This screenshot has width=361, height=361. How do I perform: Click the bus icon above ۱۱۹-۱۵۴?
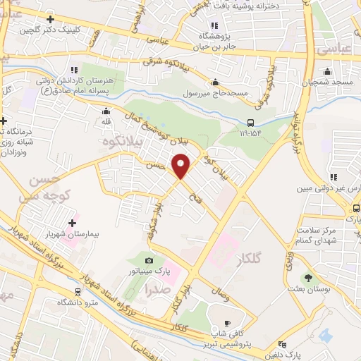242,121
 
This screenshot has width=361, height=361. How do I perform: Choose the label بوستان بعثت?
306,290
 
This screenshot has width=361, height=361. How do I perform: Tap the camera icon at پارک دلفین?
283,345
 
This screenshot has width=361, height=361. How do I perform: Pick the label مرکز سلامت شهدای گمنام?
338,236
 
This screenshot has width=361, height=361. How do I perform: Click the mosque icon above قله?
106,111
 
